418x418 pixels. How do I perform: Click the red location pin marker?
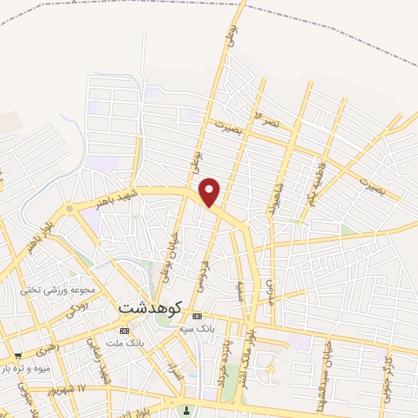point(211,193)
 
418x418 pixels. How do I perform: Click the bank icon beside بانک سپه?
point(197,317)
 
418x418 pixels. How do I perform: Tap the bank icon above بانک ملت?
point(124,331)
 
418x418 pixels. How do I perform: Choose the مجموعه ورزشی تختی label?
point(60,290)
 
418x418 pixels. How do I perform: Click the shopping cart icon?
point(17,356)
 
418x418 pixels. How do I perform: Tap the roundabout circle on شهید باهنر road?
point(69,209)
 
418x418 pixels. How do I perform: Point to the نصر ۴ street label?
point(267,119)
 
